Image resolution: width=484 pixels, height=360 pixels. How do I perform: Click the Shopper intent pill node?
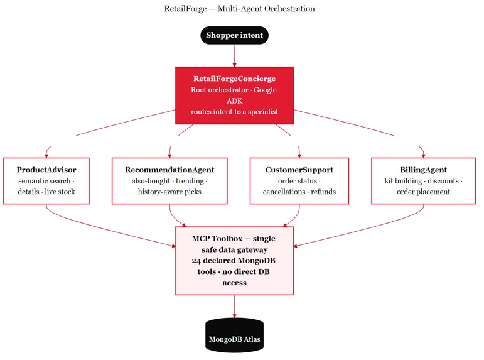234,35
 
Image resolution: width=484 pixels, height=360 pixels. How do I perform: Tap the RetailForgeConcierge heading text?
234,79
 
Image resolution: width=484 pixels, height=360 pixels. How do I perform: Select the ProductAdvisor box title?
46,170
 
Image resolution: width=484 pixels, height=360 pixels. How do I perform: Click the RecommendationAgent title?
169,170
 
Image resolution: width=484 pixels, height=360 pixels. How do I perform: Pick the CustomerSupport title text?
299,170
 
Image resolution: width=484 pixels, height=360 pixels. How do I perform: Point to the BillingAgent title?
423,170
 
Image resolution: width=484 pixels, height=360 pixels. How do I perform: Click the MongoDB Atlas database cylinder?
234,335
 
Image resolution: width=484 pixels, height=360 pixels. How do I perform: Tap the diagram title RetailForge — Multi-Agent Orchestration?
239,9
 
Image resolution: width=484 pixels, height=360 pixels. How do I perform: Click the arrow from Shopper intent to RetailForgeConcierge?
234,56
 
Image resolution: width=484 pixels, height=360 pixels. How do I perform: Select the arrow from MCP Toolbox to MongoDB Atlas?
234,307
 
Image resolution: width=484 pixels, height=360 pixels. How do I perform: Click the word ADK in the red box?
234,101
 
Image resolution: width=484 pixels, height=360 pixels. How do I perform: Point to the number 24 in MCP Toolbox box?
196,261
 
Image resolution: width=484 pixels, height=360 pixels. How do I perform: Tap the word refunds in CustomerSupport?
323,192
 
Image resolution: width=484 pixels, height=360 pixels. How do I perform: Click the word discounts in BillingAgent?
443,181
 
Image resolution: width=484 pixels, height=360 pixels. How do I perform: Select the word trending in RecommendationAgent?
190,181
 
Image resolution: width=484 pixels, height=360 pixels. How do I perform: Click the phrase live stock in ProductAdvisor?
60,192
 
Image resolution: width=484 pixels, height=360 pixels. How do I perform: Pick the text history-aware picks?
169,192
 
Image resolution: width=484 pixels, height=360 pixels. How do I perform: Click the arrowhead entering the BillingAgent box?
423,155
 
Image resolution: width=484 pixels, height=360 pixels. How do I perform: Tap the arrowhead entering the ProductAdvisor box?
46,155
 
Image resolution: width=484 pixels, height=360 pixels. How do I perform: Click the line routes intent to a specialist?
234,112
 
